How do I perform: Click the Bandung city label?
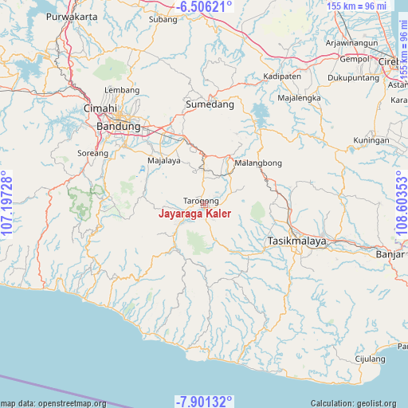[118, 126]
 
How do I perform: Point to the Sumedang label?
[210, 104]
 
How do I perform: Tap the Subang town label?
[163, 18]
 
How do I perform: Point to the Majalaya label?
[164, 160]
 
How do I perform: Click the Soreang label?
[92, 153]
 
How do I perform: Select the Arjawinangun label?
[351, 41]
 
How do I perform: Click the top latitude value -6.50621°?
[206, 7]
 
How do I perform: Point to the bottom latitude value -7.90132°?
[204, 401]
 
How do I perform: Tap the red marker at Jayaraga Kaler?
[204, 204]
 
